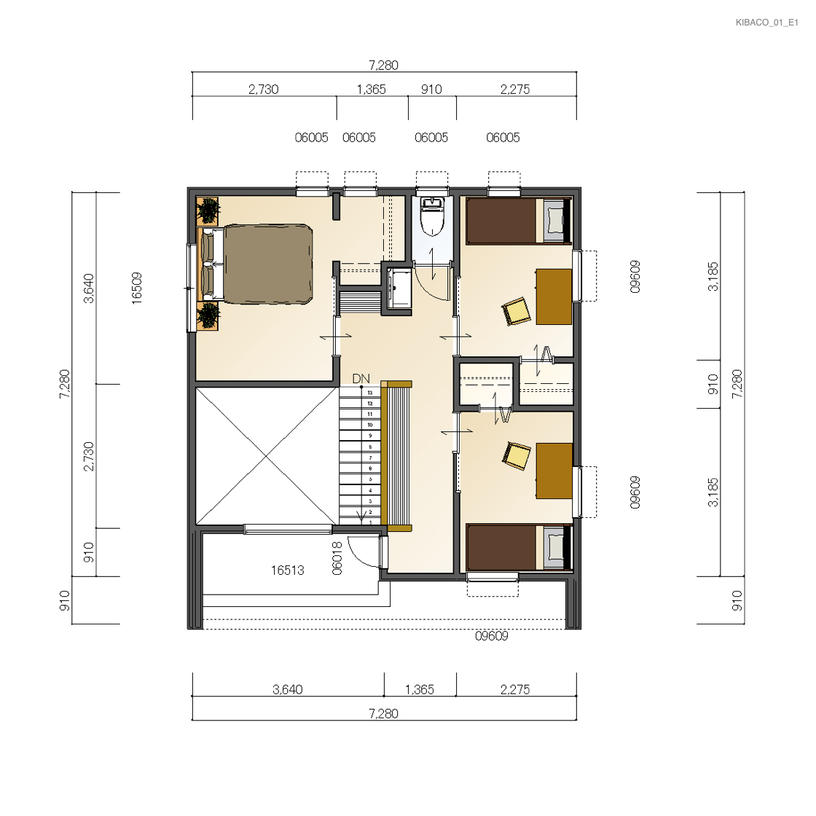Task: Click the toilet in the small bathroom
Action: [432, 216]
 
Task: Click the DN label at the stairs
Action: [361, 378]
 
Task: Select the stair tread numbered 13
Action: [360, 393]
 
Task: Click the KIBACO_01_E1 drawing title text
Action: [766, 23]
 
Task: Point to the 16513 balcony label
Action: [287, 570]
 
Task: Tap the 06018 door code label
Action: [337, 558]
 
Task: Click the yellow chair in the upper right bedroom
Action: [516, 311]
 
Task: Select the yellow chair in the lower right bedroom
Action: [516, 456]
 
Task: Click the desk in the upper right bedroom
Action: [554, 297]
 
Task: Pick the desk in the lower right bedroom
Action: [554, 471]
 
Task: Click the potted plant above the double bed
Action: [208, 211]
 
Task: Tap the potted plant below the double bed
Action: [208, 315]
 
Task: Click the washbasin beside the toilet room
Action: [399, 288]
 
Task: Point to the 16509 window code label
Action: [136, 288]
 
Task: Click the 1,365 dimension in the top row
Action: [371, 90]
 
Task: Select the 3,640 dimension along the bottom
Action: [287, 689]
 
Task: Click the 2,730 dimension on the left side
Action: [89, 456]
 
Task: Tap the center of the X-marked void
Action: [267, 456]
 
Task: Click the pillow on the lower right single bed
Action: [554, 547]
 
